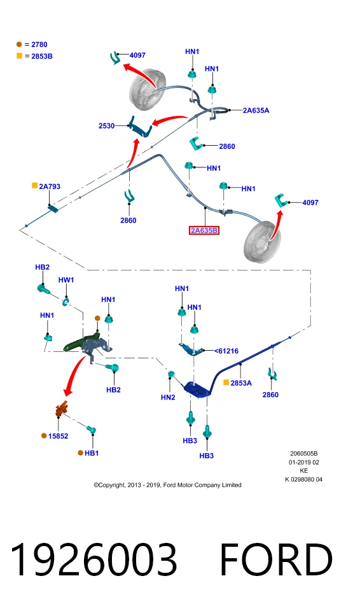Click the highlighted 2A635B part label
[204, 230]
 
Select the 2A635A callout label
[256, 110]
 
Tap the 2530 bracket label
[106, 126]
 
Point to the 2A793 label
[50, 186]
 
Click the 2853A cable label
[241, 383]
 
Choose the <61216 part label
[226, 351]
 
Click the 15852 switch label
[58, 436]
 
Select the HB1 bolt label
[92, 453]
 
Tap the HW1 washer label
[66, 280]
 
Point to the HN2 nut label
[168, 397]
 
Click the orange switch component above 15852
[62, 409]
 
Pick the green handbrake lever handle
[80, 342]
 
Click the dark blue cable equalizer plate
[198, 390]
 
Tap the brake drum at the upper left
[148, 89]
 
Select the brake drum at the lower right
[262, 242]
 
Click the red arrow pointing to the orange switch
[74, 375]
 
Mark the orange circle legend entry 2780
[32, 45]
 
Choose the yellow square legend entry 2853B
[34, 56]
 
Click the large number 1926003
[93, 559]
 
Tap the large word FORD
[276, 559]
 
